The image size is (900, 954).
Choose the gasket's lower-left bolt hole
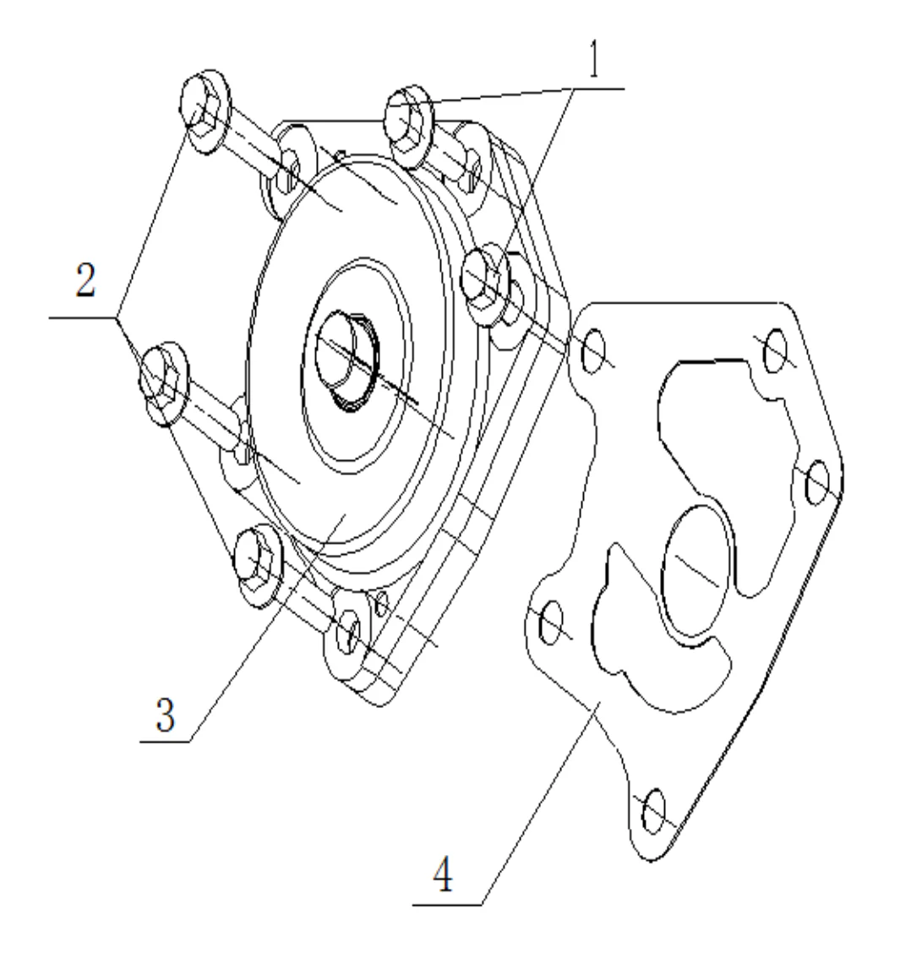click(x=548, y=623)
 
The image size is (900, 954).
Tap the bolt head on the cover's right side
click(x=483, y=282)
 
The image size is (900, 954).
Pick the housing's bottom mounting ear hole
click(x=348, y=629)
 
